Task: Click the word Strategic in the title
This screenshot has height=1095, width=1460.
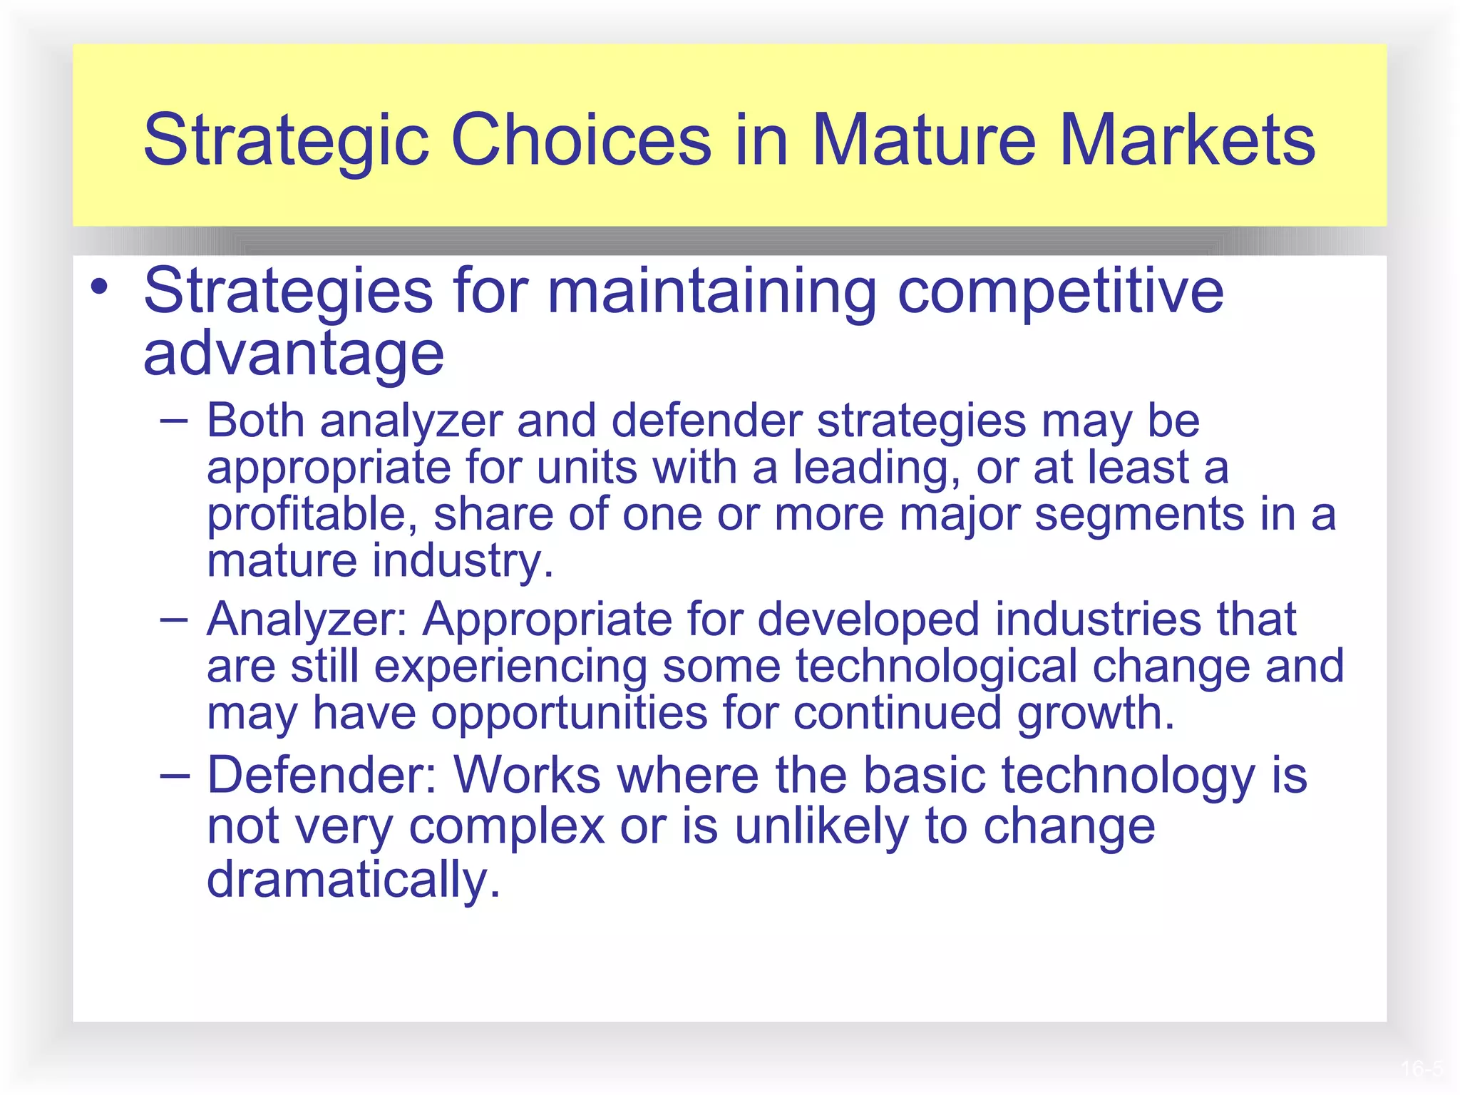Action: coord(285,140)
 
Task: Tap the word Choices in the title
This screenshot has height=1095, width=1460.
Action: coord(581,140)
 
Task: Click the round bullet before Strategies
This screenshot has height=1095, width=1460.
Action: coord(100,287)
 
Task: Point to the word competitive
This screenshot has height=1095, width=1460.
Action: coord(1060,292)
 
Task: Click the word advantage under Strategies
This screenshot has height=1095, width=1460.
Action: coord(293,354)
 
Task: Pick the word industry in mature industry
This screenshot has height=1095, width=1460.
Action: coord(463,561)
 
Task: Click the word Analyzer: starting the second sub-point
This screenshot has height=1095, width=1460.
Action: coord(307,620)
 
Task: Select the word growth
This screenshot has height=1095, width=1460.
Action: coord(1095,714)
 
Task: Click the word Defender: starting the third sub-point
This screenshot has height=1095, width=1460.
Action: coord(322,775)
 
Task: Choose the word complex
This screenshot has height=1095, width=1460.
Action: coord(506,827)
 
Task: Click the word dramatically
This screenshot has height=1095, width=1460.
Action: coord(354,880)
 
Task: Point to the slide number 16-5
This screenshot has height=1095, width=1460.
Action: coord(1421,1069)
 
